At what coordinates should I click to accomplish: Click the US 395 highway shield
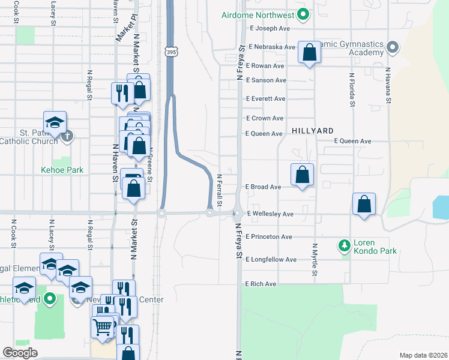[170, 53]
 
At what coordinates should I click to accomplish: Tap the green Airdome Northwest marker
[304, 14]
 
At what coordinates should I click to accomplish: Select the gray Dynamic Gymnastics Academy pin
[393, 46]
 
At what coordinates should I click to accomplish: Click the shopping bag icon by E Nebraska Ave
[310, 52]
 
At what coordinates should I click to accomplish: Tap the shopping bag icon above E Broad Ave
[303, 175]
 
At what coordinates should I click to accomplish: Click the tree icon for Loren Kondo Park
[344, 245]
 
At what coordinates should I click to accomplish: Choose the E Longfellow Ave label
[271, 259]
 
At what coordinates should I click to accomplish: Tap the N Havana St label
[388, 86]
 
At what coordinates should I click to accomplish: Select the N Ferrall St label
[220, 190]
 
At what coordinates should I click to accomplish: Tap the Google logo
[20, 352]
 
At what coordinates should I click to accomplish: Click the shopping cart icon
[103, 327]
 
